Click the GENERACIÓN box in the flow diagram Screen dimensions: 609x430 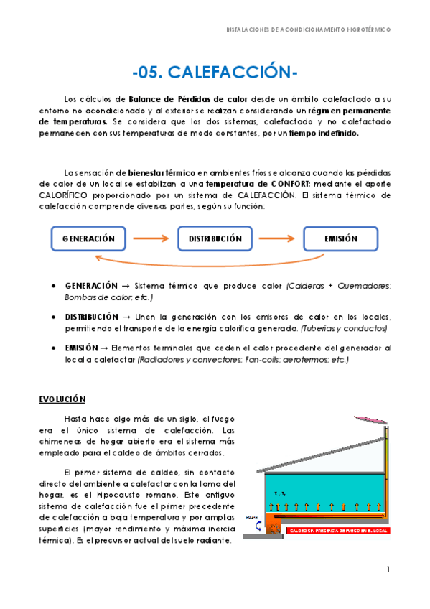(88, 238)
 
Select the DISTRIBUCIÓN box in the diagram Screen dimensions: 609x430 (215, 238)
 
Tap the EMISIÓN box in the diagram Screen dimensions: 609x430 (340, 238)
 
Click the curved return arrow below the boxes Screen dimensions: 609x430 (215, 263)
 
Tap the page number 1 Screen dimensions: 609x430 (388, 570)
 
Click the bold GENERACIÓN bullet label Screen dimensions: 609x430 (90, 286)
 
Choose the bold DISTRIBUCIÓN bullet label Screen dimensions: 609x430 (91, 317)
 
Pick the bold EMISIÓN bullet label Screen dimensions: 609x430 (81, 348)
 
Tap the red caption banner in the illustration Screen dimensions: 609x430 (337, 531)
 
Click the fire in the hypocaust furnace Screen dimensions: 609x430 (275, 528)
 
